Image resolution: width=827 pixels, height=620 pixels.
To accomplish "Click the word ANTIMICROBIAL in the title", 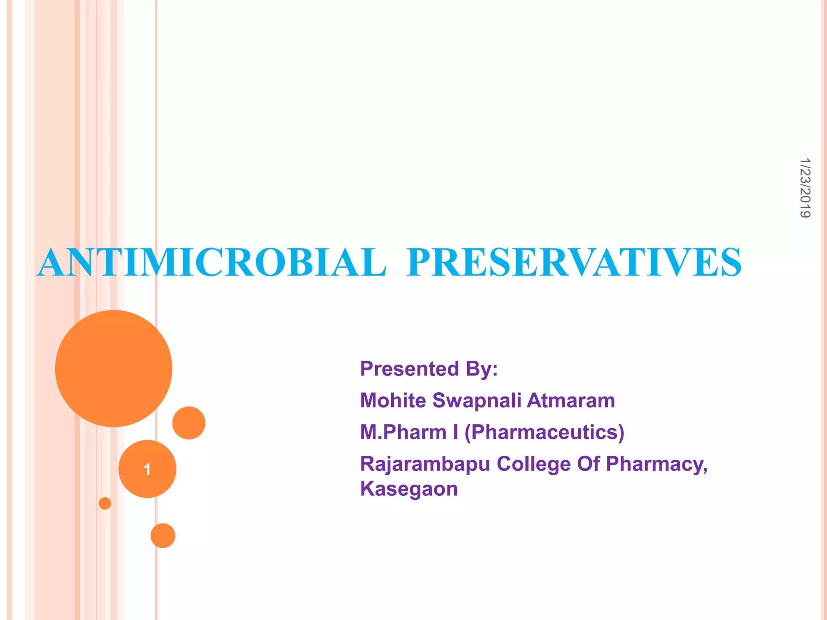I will pyautogui.click(x=212, y=263).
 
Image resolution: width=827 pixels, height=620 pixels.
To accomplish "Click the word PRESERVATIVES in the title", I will pyautogui.click(x=574, y=263).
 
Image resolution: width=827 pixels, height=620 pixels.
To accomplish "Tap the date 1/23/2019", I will pyautogui.click(x=805, y=188).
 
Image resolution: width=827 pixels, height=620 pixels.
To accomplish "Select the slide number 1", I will pyautogui.click(x=147, y=469).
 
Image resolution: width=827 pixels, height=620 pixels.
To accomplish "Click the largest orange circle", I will pyautogui.click(x=113, y=368).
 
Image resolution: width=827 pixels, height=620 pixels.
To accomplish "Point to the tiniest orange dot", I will pyautogui.click(x=105, y=503).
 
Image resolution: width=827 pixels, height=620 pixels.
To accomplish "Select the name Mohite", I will pyautogui.click(x=393, y=400).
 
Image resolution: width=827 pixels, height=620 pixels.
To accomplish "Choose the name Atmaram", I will pyautogui.click(x=571, y=400).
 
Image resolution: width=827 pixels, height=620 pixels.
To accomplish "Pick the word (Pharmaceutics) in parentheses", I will pyautogui.click(x=544, y=432).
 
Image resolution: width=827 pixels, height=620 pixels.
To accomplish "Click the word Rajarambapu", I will pyautogui.click(x=425, y=464).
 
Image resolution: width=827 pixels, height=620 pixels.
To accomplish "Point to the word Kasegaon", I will pyautogui.click(x=409, y=488).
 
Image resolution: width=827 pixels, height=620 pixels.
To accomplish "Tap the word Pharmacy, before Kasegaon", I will pyautogui.click(x=657, y=464).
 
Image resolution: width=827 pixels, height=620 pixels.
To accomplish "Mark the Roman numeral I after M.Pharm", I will pyautogui.click(x=455, y=432).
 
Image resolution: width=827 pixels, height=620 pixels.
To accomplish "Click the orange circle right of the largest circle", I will pyautogui.click(x=189, y=423).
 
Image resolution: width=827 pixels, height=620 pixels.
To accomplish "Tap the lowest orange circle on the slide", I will pyautogui.click(x=163, y=535).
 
